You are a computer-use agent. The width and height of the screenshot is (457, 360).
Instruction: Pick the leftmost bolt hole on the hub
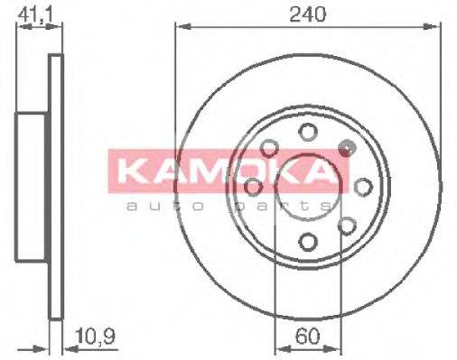[x=254, y=187]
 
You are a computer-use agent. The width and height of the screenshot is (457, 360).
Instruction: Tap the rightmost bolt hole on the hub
[x=364, y=187]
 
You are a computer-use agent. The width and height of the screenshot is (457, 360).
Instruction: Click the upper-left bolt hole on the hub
[x=269, y=148]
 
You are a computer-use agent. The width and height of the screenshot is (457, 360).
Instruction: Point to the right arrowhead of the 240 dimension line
[x=438, y=28]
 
